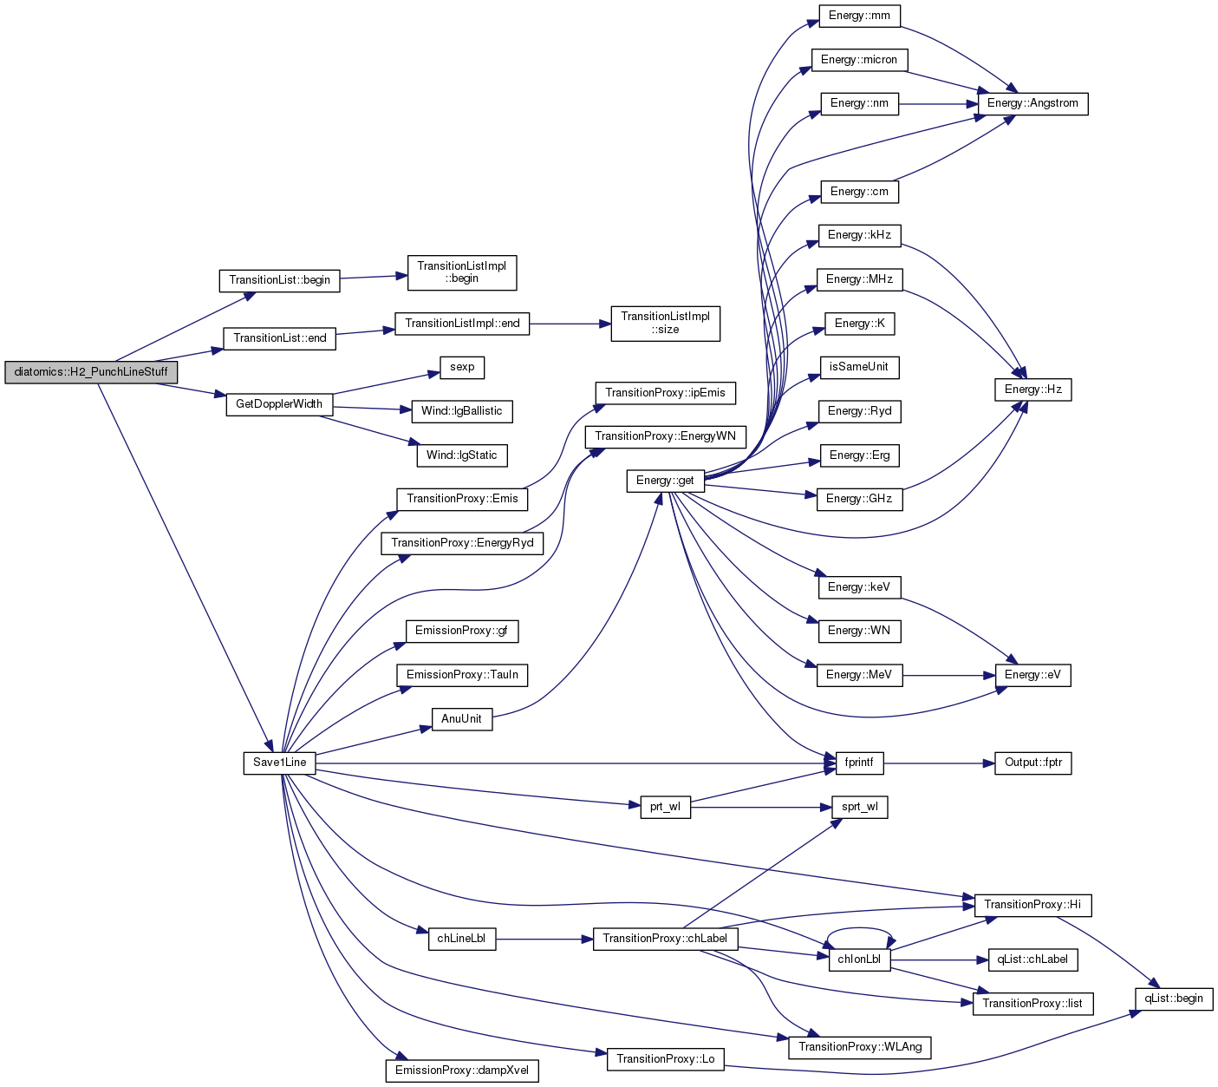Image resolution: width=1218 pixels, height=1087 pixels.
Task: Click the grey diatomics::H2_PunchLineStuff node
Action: click(91, 372)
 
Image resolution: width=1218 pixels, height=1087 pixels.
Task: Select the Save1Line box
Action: click(279, 763)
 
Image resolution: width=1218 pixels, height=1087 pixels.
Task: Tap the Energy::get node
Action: click(665, 481)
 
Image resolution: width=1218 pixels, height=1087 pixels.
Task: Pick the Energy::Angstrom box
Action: click(1032, 103)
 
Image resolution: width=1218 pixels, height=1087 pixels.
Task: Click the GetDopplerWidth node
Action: click(279, 404)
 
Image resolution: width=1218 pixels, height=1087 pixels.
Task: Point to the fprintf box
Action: click(859, 763)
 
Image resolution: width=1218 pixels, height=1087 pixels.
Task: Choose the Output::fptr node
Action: click(1032, 763)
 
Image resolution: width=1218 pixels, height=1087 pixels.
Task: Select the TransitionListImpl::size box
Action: click(665, 324)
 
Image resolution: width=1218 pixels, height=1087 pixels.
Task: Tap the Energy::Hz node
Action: click(1032, 390)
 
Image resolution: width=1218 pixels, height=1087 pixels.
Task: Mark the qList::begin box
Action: click(1173, 999)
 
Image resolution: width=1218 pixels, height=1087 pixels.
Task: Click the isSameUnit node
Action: click(859, 368)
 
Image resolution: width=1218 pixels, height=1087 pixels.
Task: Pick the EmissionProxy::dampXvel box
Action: click(462, 1071)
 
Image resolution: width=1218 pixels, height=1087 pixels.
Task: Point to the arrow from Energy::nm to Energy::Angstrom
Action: click(938, 104)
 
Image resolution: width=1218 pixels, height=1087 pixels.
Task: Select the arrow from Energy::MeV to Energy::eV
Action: click(948, 676)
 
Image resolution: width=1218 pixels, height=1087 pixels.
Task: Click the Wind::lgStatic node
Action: click(462, 455)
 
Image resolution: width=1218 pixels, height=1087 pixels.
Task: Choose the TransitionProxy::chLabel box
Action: click(665, 939)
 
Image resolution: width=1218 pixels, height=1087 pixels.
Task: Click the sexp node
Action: click(462, 368)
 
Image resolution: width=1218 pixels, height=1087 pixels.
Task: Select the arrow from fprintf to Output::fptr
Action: click(939, 763)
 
